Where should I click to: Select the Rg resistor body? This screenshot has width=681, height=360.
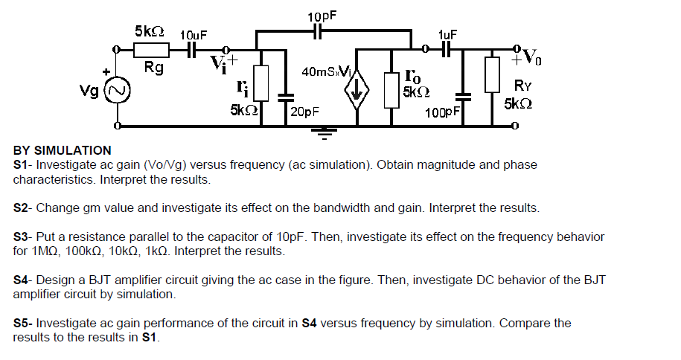(x=152, y=50)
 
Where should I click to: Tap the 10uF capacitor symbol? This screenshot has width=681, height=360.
(x=191, y=50)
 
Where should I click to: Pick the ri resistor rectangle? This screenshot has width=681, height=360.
(x=260, y=81)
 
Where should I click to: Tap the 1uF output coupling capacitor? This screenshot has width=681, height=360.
(x=447, y=50)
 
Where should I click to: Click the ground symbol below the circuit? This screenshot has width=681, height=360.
(x=322, y=133)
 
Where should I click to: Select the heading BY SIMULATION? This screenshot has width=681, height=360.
(x=62, y=151)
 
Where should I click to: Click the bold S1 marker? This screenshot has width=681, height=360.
(x=22, y=164)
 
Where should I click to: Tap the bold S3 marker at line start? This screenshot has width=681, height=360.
(x=22, y=237)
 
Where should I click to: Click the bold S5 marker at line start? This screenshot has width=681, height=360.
(x=22, y=324)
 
